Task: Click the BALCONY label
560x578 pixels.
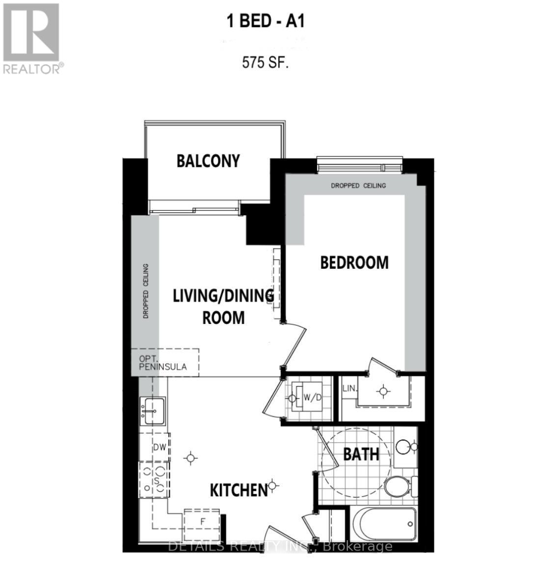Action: click(x=208, y=161)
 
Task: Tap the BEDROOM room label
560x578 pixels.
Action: click(x=354, y=263)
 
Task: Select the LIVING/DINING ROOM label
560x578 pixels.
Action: click(x=223, y=307)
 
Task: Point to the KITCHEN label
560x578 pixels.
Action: click(x=238, y=490)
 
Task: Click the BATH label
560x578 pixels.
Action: click(x=361, y=454)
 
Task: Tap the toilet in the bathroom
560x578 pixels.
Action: click(x=399, y=486)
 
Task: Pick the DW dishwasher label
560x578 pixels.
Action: click(x=159, y=447)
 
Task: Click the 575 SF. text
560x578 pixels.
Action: click(x=265, y=63)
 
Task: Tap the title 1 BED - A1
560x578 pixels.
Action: click(x=266, y=22)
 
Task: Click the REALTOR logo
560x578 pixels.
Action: click(x=32, y=38)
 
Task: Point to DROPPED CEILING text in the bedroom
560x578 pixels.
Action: click(x=358, y=185)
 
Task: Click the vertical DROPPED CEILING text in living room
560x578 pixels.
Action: click(x=146, y=291)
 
